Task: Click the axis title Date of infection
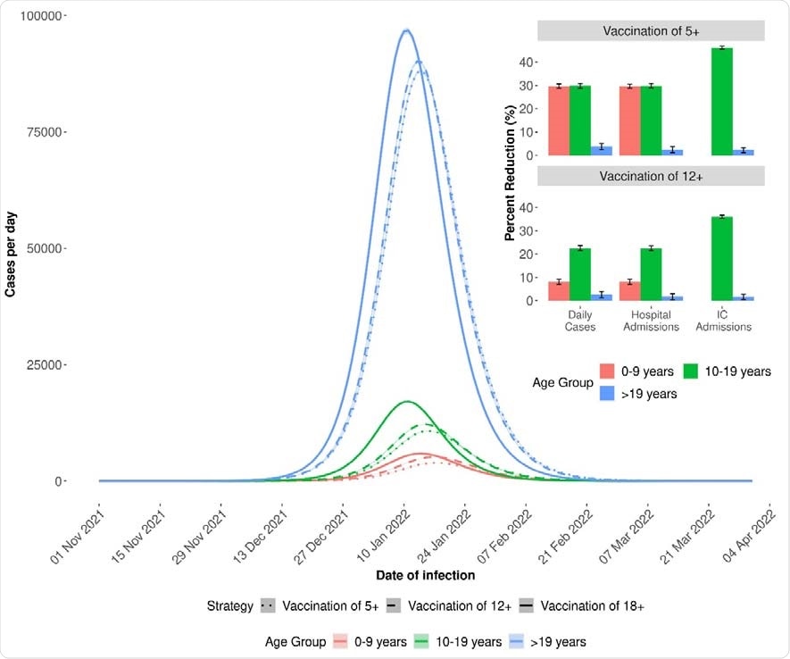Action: (425, 575)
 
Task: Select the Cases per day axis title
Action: (11, 248)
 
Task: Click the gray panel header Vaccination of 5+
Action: (651, 31)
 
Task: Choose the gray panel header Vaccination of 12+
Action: (651, 177)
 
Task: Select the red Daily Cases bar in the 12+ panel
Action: (559, 291)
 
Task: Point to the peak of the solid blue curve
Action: (406, 30)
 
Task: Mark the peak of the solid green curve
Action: (406, 402)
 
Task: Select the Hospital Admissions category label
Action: (651, 321)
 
